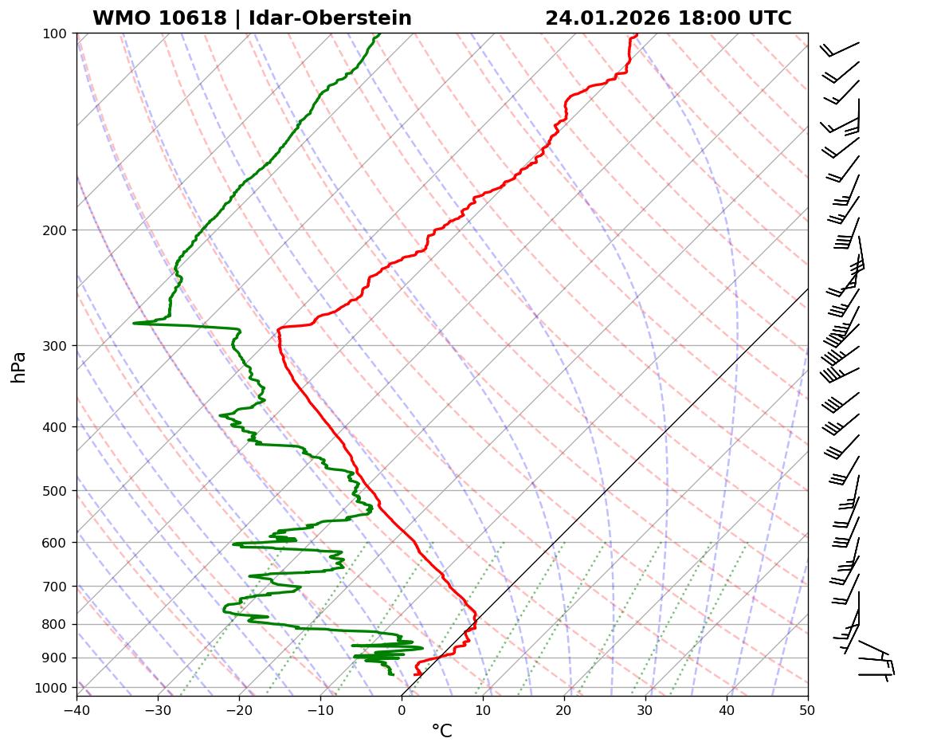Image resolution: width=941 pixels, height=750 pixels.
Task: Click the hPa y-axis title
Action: coord(19,367)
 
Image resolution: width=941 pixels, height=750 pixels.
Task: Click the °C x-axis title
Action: coord(441,731)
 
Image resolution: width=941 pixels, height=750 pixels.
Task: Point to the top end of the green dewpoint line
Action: coord(379,34)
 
